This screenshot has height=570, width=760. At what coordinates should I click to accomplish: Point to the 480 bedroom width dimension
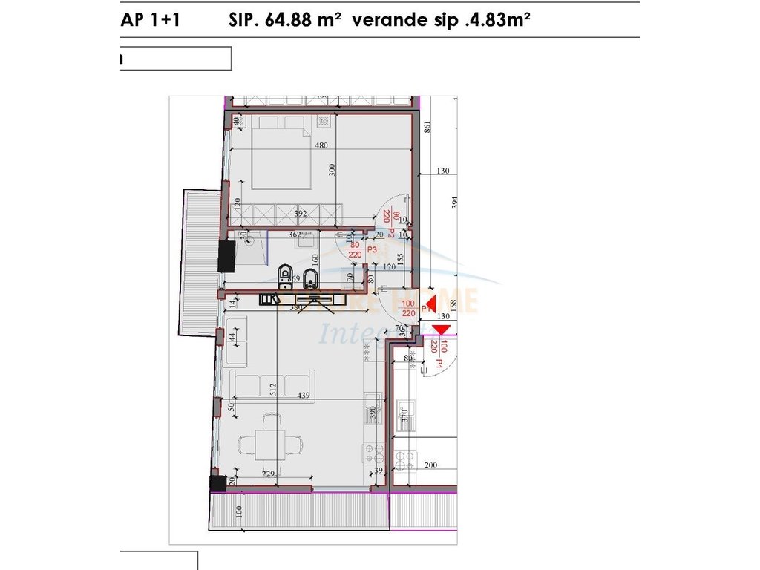[x=321, y=146]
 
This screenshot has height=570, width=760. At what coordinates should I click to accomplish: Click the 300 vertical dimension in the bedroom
[x=333, y=169]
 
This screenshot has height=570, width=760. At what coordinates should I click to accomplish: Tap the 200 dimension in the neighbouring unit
[x=431, y=465]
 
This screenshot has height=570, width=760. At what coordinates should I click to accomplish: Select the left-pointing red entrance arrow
[x=430, y=303]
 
